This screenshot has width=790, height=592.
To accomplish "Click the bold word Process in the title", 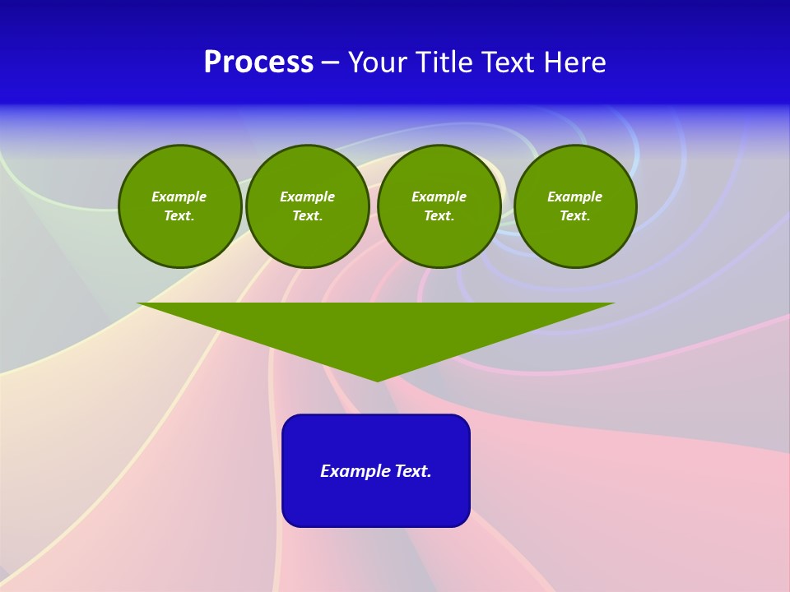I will point(258,62).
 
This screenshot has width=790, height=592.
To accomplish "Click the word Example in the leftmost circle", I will point(179,197).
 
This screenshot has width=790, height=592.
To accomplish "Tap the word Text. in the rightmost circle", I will point(575,216).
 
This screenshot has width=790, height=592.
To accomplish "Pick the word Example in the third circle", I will point(439,197).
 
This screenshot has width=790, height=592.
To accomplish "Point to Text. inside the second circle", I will point(308,216).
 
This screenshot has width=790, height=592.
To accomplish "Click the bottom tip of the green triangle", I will point(377,379).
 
